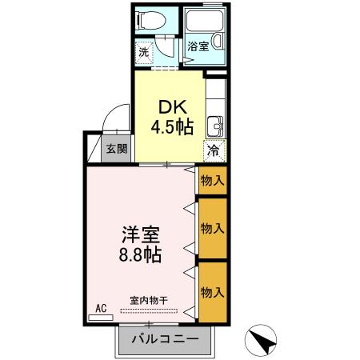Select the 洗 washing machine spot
pos(144,52)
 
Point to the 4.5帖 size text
pos(170,126)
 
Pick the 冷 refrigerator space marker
pos(214,149)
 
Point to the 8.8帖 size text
pos(141,256)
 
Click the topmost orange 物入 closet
pos(212,180)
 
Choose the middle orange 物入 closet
pos(212,228)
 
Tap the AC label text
pos(101,307)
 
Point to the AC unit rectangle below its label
pos(101,318)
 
